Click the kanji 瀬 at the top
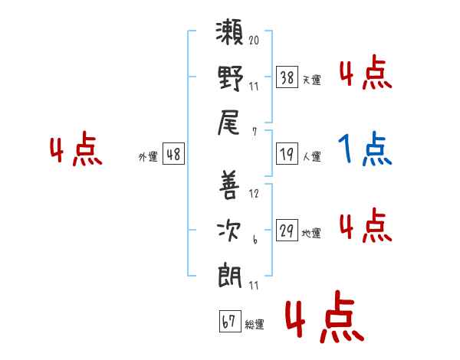point(230,35)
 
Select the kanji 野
point(230,80)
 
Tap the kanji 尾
point(230,123)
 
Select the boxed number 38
point(287,77)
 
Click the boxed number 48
point(173,155)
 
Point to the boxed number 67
point(228,322)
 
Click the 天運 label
point(311,80)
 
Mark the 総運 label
point(255,325)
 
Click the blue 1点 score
point(366,151)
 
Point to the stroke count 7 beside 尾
point(254,131)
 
